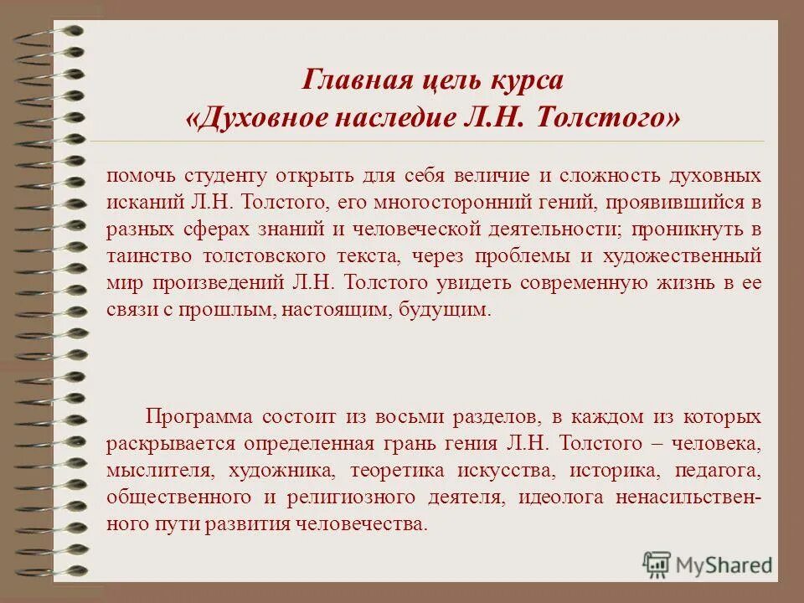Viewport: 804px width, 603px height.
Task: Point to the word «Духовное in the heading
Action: [x=256, y=118]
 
